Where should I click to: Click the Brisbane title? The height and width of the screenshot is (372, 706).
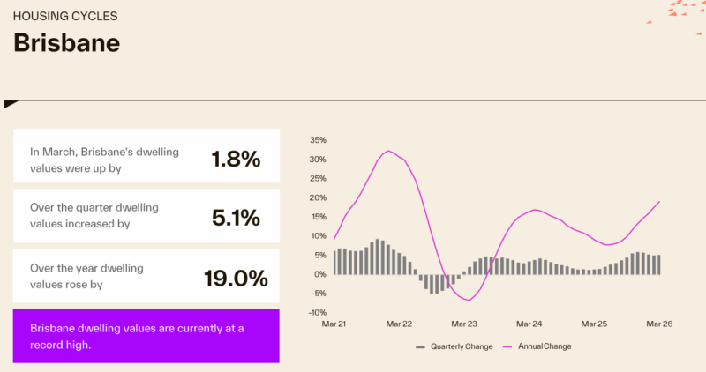[x=67, y=43]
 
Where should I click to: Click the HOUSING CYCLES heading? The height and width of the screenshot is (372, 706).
[x=65, y=16]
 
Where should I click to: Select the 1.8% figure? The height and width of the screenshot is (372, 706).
[x=236, y=159]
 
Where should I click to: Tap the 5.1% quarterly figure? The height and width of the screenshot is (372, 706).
[x=236, y=217]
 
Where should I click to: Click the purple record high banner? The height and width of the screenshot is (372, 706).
[x=146, y=336]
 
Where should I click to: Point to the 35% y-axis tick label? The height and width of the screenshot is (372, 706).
[x=319, y=140]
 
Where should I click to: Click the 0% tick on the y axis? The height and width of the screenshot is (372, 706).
[x=321, y=274]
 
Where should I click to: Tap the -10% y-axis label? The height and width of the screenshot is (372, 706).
[x=319, y=312]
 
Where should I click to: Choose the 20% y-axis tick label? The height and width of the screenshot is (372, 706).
[x=319, y=197]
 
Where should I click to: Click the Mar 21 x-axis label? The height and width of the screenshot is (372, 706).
[x=334, y=324]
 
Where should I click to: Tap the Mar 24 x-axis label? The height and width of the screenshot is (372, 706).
[x=529, y=324]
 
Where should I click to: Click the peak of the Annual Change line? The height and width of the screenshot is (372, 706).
[x=388, y=151]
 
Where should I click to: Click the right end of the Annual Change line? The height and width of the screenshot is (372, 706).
[x=659, y=202]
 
